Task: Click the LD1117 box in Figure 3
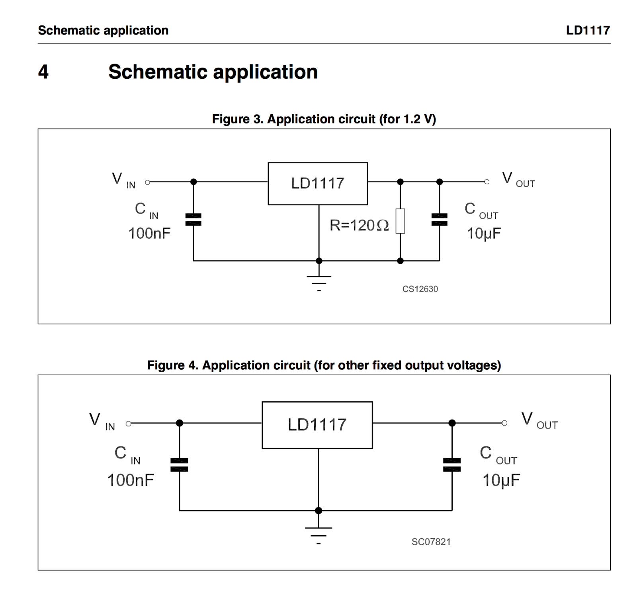pos(317,183)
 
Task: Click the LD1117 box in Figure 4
pos(317,425)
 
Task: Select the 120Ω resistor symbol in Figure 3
pos(400,221)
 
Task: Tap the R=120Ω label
pos(359,226)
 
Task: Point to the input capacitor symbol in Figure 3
pos(193,219)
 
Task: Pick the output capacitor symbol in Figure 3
pos(439,219)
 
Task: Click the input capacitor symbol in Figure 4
pos(179,464)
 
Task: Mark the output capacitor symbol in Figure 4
pos(452,464)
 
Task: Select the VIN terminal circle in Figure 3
pos(148,182)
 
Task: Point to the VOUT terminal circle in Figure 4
pos(504,423)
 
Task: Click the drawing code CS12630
pos(420,289)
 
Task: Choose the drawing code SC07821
pos(431,542)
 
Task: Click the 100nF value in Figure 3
pos(149,234)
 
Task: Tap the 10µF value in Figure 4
pos(501,480)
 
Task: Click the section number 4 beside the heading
pos(43,72)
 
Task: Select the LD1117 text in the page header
pos(588,30)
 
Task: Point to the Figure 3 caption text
pos(324,119)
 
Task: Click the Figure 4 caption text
pos(324,365)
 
